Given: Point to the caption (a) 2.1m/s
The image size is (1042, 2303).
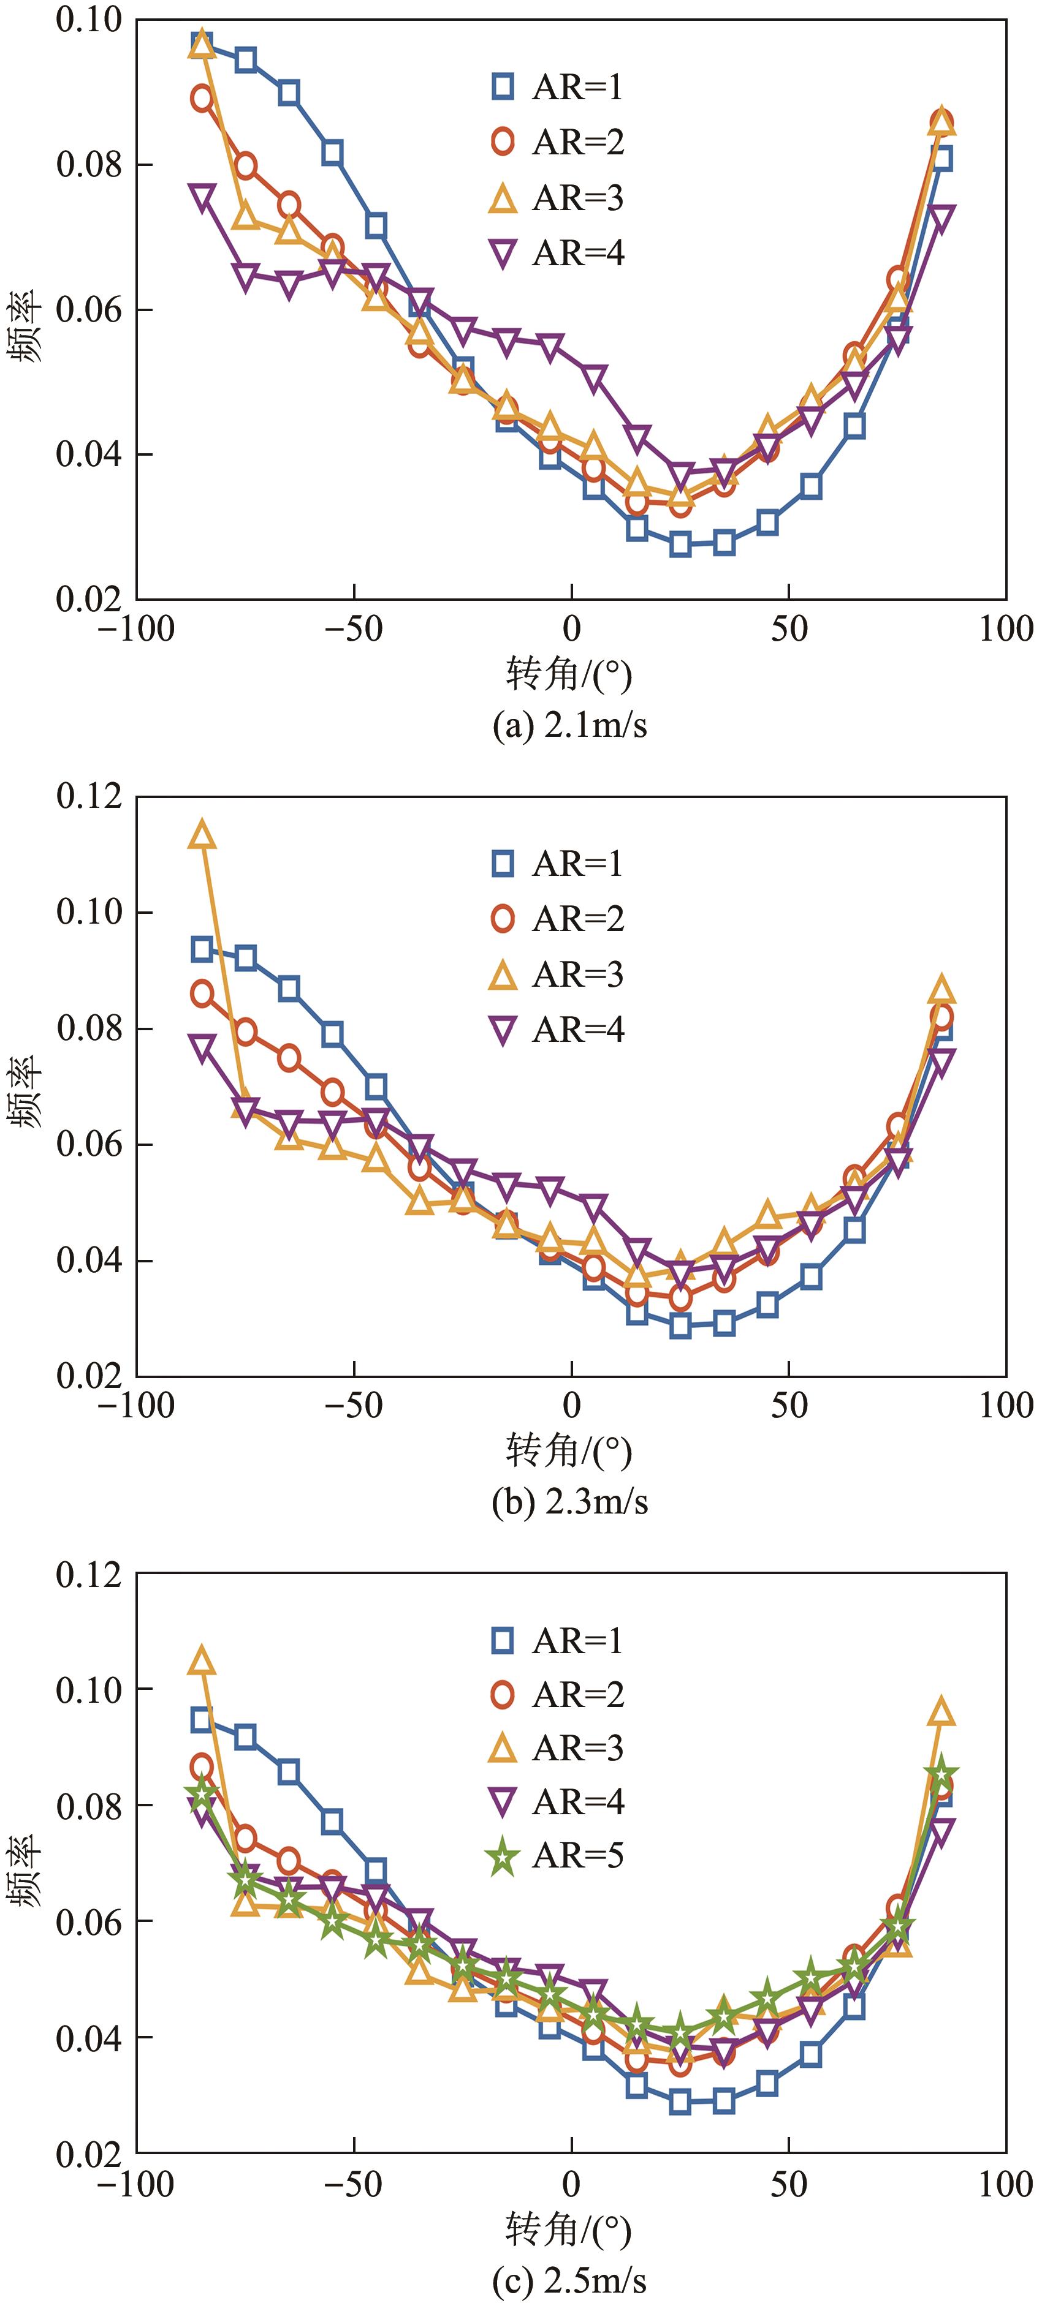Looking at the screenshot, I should pos(570,725).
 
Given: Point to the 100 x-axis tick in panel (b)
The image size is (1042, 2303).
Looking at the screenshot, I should pos(1005,1406).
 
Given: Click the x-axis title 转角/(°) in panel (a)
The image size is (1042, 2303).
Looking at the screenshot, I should pos(570,675).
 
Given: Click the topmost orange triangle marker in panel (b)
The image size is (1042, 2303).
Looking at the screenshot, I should pos(203,835).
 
